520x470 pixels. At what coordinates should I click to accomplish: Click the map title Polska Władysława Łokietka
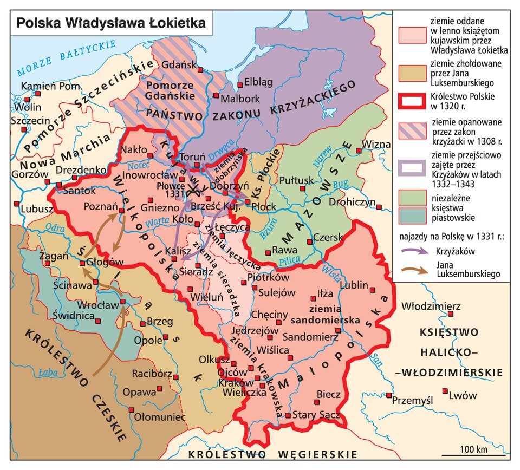111,23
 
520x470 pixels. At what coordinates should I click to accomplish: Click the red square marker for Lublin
373,290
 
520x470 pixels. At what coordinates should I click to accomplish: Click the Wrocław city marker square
123,302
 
